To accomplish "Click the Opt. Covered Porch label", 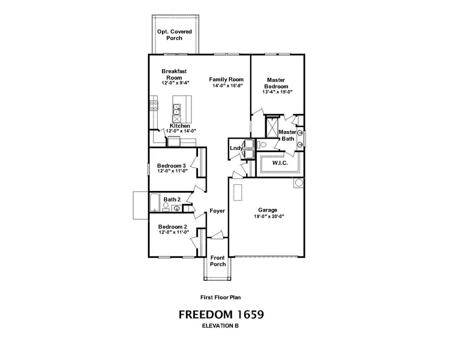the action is [174, 35].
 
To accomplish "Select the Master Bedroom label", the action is [276, 83].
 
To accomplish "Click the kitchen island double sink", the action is [177, 109].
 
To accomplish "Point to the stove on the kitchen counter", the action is [153, 106].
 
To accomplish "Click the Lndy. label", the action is [237, 148].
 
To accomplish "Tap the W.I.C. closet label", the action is [280, 163].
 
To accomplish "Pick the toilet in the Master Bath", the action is [262, 145].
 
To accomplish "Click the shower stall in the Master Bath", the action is [272, 127].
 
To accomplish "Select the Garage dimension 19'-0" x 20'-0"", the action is [269, 217].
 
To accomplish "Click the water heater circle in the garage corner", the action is [299, 183].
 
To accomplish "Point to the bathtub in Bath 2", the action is [154, 203].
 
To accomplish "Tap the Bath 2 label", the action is [172, 199].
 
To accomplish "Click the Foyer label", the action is [217, 211].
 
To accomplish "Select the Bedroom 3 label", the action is [171, 166].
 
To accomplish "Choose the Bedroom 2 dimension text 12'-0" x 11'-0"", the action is [174, 232].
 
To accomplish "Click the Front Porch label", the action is [218, 261].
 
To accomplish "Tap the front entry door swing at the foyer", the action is [217, 235].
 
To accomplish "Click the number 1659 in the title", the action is [250, 315].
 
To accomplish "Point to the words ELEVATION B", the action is [220, 326].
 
